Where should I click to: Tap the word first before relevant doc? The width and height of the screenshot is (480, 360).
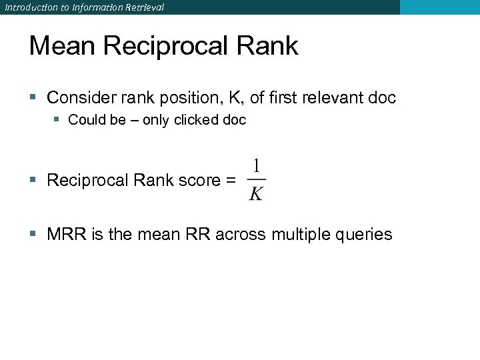click(x=283, y=98)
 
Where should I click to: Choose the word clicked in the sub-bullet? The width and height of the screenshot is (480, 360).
click(x=198, y=120)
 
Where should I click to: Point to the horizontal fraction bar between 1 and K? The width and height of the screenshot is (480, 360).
click(x=256, y=179)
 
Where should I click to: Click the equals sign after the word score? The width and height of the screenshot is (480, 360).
click(x=230, y=180)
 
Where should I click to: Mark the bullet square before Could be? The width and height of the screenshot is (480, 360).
click(x=59, y=120)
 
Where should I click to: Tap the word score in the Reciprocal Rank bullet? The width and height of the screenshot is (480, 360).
click(x=200, y=181)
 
